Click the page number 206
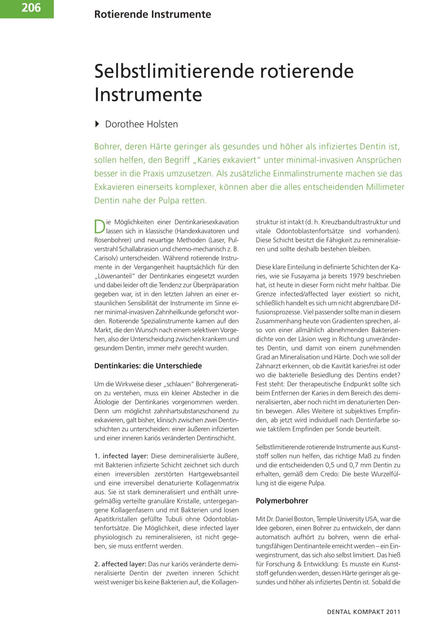point(31,7)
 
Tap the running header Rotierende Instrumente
point(153,15)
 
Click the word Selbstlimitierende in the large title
point(174,71)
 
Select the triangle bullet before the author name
point(97,124)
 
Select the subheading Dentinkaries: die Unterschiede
point(148,366)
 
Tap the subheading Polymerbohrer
point(282,501)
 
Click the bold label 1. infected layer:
point(122,456)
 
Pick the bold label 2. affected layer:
point(120,564)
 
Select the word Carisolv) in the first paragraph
point(106,258)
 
